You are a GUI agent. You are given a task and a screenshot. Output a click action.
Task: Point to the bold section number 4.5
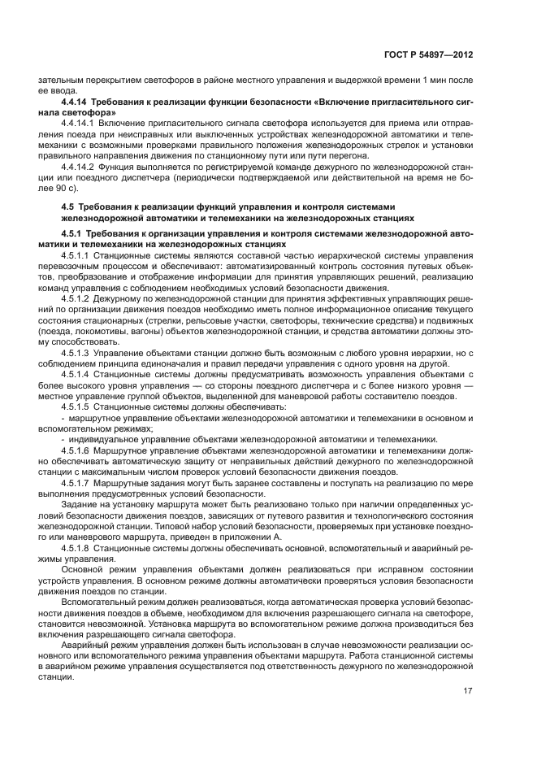70,207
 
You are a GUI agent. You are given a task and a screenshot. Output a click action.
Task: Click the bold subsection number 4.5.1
73,233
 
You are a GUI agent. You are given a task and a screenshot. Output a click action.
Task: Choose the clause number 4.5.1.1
76,254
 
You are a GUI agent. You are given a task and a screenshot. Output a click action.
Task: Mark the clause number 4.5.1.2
76,300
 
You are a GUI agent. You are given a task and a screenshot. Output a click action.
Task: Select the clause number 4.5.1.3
76,353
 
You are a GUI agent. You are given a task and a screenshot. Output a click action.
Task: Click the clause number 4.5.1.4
76,374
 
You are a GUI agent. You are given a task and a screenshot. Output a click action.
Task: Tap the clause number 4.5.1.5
76,406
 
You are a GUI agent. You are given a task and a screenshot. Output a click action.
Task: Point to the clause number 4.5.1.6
76,449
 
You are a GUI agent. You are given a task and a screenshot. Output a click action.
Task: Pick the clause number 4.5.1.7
76,481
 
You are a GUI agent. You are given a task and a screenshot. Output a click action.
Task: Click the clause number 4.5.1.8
76,547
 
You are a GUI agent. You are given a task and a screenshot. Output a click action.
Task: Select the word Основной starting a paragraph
83,569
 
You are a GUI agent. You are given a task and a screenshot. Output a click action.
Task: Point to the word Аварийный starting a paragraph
84,643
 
